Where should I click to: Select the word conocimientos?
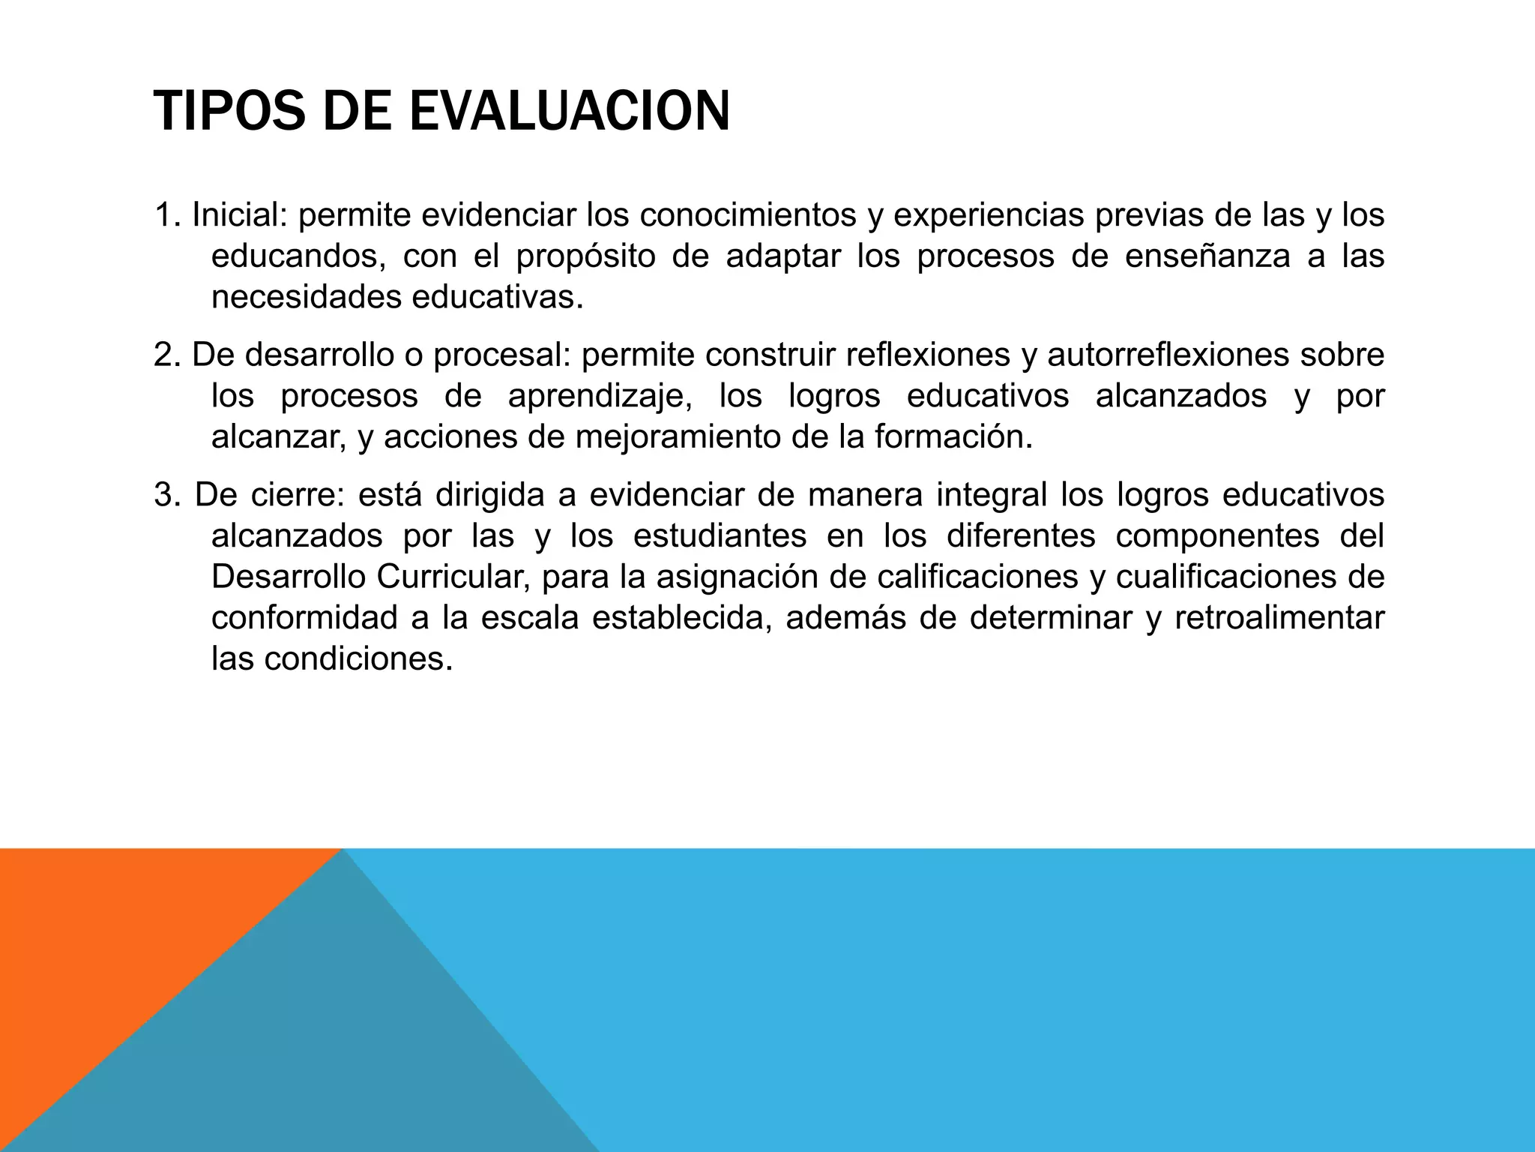coord(748,216)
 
